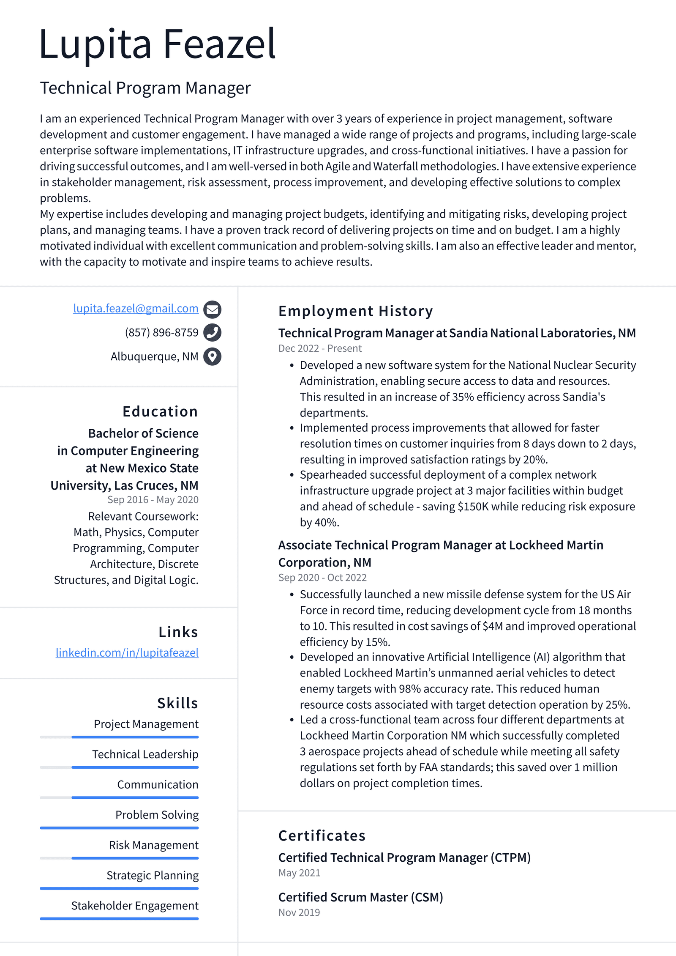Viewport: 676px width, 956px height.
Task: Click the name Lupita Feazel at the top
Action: point(157,44)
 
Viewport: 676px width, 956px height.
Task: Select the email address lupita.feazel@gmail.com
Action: point(136,309)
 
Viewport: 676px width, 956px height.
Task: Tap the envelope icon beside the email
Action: point(212,310)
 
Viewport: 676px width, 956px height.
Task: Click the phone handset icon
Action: point(212,333)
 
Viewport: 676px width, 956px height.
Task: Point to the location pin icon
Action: point(212,356)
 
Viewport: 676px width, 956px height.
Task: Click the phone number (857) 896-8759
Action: point(161,333)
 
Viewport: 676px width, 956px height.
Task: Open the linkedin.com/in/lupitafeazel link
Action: point(127,652)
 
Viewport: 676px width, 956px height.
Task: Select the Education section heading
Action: point(160,411)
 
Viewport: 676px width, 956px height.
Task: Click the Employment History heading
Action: point(355,311)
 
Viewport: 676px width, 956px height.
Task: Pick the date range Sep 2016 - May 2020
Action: point(153,500)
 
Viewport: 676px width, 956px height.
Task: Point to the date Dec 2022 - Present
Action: point(320,348)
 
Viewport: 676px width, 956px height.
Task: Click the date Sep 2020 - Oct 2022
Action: point(322,578)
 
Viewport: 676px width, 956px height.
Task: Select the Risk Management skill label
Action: point(153,845)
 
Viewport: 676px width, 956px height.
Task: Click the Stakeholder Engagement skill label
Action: point(135,905)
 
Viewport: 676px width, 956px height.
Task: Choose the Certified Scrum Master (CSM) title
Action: point(360,897)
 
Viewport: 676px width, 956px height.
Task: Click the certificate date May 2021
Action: point(299,873)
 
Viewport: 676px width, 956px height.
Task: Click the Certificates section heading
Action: point(322,835)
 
